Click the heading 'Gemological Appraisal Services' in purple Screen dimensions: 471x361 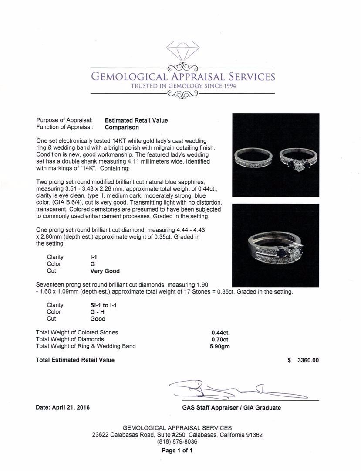click(x=182, y=77)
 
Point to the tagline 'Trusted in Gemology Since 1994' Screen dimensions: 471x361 click(x=183, y=86)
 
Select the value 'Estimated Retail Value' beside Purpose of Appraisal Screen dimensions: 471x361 click(x=136, y=120)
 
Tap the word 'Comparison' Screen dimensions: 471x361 click(x=122, y=127)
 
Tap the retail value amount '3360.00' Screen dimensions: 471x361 click(x=308, y=360)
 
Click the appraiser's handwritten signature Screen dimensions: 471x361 click(x=231, y=388)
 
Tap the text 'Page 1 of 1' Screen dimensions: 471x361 click(x=177, y=451)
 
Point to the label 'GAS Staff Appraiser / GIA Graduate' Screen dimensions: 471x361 click(x=231, y=408)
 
